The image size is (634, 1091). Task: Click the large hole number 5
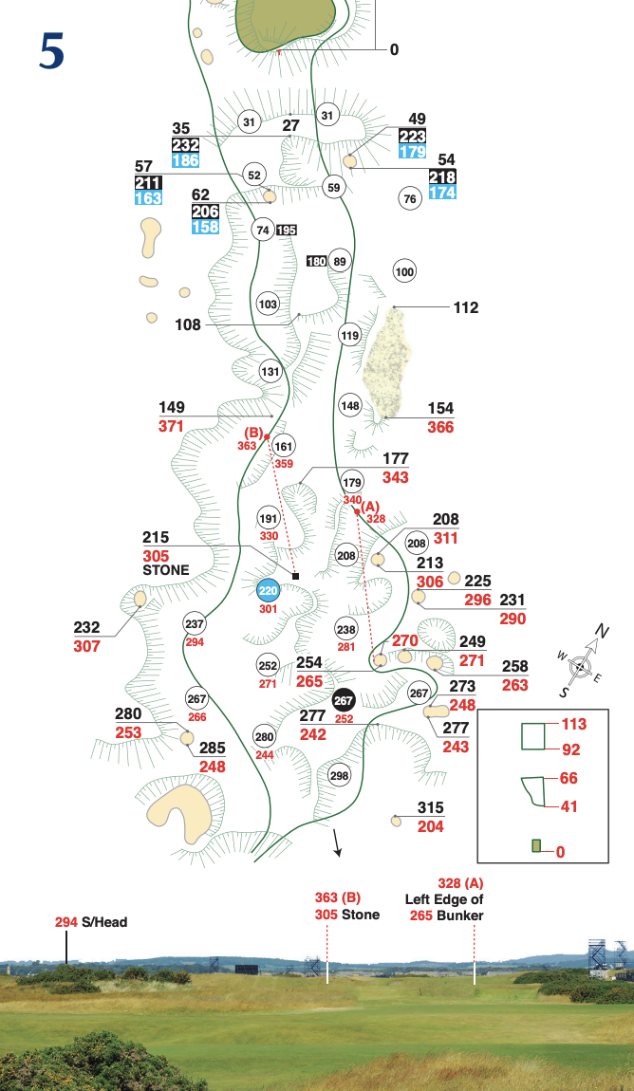click(x=52, y=51)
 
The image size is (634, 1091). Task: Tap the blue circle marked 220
click(x=269, y=590)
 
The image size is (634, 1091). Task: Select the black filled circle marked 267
click(x=344, y=700)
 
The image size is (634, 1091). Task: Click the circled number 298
click(x=340, y=775)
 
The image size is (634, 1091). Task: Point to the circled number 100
click(x=405, y=272)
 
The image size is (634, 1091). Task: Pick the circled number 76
click(x=410, y=198)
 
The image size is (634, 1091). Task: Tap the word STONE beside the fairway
click(x=165, y=571)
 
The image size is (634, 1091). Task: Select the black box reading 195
click(x=288, y=230)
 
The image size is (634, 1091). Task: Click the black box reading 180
click(x=317, y=261)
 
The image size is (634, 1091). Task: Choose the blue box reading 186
click(x=186, y=161)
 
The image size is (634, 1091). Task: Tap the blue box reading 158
click(x=206, y=227)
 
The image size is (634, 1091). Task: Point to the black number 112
click(x=466, y=307)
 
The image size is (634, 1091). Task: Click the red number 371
click(x=171, y=427)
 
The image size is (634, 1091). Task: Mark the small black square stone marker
click(x=296, y=576)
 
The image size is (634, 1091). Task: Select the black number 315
click(x=431, y=807)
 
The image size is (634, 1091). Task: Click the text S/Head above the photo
click(x=104, y=921)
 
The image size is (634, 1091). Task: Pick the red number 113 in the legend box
click(x=573, y=724)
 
